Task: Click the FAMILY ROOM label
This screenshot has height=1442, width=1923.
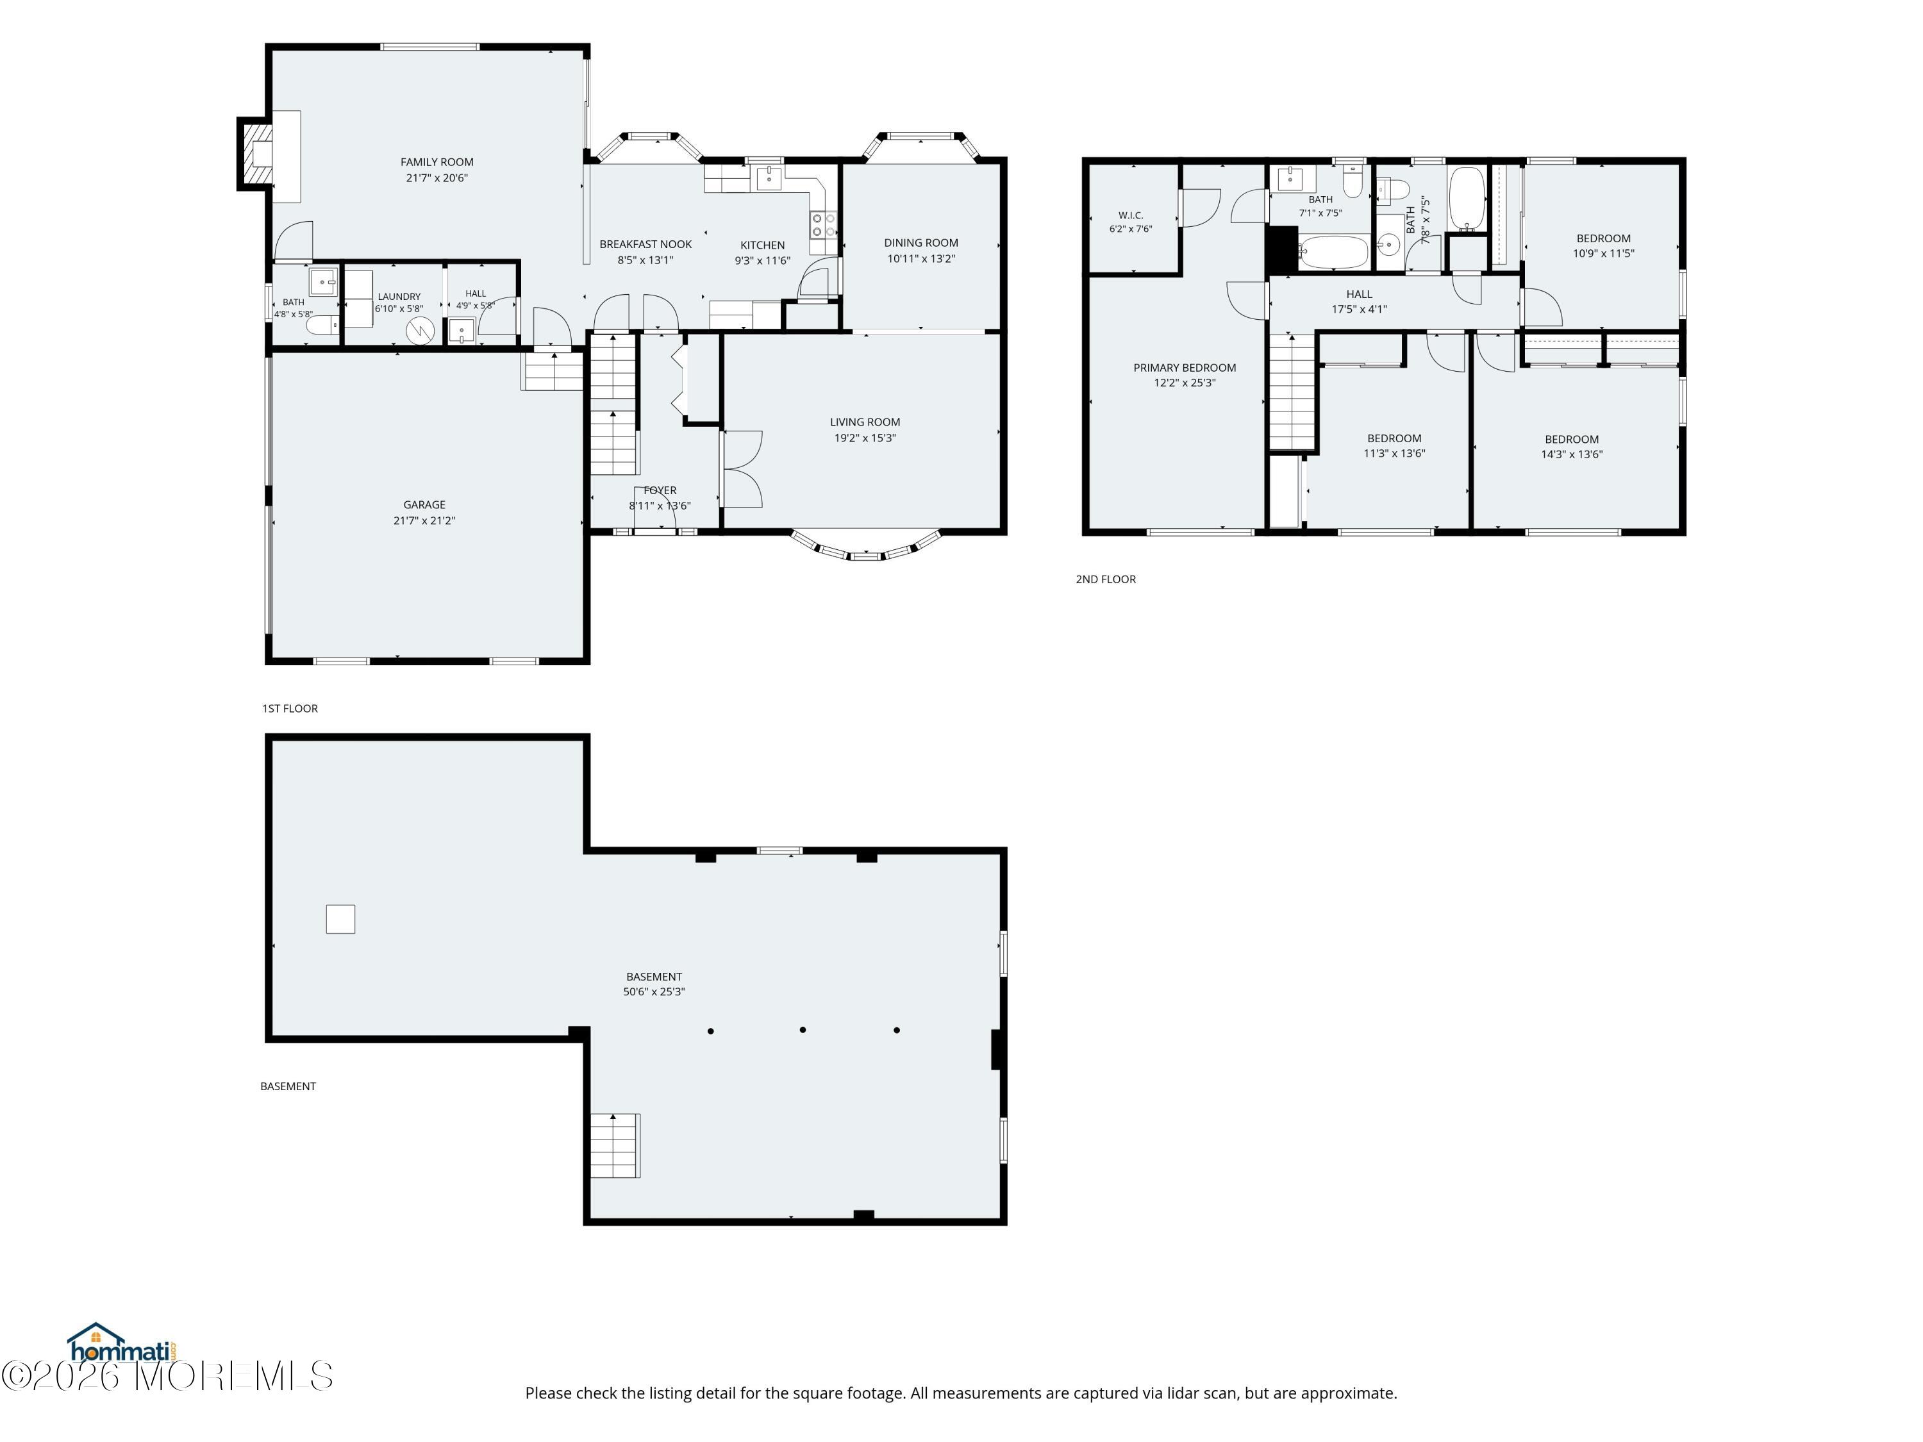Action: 437,162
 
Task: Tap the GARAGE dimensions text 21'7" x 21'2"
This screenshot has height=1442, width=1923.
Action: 424,520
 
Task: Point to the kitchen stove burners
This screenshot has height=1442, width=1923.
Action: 823,225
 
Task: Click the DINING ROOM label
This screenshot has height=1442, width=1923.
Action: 920,242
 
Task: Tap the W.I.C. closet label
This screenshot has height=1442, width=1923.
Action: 1130,215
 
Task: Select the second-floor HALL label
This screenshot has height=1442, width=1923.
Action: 1359,294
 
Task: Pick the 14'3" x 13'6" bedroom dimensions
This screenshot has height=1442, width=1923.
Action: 1572,454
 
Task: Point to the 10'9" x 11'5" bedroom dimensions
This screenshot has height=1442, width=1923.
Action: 1603,254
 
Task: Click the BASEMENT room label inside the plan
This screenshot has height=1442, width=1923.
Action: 654,976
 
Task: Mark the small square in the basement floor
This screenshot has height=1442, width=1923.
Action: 340,919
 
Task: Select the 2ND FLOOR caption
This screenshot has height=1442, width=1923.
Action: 1105,579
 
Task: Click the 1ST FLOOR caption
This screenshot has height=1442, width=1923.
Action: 290,708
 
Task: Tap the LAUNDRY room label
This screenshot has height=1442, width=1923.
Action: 399,296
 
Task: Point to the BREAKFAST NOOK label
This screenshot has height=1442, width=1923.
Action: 645,244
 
